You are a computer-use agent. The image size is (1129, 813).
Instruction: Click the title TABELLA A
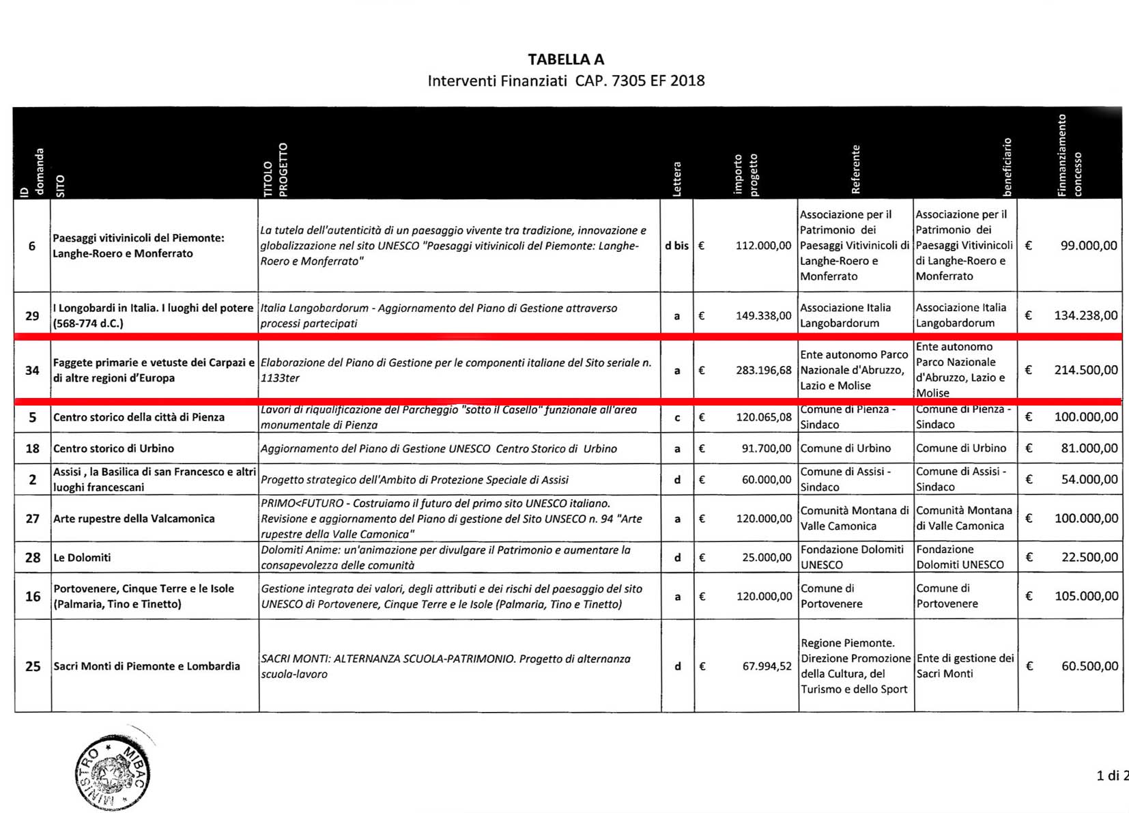coord(565,59)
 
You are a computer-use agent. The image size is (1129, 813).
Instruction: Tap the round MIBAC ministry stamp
coord(113,773)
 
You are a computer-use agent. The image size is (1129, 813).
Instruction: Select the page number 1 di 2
coord(1111,775)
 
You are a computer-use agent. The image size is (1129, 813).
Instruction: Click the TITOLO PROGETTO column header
coord(276,170)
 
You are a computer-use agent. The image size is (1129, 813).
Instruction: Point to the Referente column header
coord(855,169)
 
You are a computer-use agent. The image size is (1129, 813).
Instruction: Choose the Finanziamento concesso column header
coord(1068,156)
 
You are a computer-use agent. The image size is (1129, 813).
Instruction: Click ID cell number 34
coord(32,371)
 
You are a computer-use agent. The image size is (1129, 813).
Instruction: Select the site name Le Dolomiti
coord(82,558)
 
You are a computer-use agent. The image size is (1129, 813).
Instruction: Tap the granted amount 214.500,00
coord(1085,370)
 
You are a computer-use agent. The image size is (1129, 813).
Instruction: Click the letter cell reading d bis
coord(676,246)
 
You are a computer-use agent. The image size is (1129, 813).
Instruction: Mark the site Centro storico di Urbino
coord(113,448)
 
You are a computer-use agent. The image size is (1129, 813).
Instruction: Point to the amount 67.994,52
coord(767,666)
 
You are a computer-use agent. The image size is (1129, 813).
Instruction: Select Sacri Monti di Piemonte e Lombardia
coord(147,666)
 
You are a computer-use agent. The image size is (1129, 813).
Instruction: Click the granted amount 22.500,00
coord(1089,558)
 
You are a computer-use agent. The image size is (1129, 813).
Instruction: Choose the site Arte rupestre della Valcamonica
coord(134,519)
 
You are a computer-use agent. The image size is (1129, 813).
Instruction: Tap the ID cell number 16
coord(33,597)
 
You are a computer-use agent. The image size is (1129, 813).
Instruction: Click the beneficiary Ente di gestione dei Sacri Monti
coord(964,666)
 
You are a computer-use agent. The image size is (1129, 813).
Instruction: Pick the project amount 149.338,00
coord(763,316)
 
